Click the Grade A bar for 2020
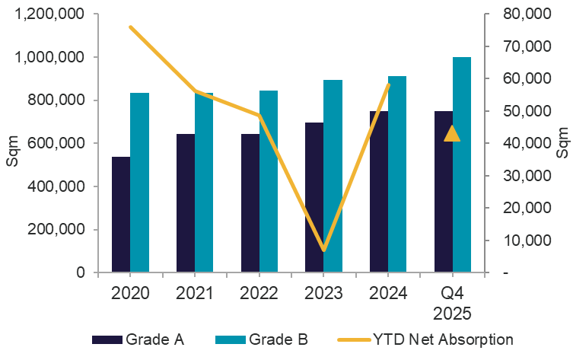(x=121, y=215)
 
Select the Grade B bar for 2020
(x=139, y=183)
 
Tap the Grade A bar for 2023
(x=314, y=198)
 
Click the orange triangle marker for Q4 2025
(x=452, y=134)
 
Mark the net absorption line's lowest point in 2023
(x=323, y=249)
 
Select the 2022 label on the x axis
(x=259, y=293)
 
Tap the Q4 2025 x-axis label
(x=453, y=302)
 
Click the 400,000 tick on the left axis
(x=56, y=186)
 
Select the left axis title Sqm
(x=11, y=143)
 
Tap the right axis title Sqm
(x=562, y=143)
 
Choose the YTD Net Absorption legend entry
(x=434, y=339)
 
